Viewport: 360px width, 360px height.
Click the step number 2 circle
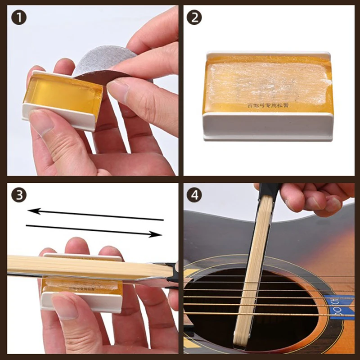[194, 18]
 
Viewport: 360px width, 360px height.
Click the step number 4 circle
[194, 195]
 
